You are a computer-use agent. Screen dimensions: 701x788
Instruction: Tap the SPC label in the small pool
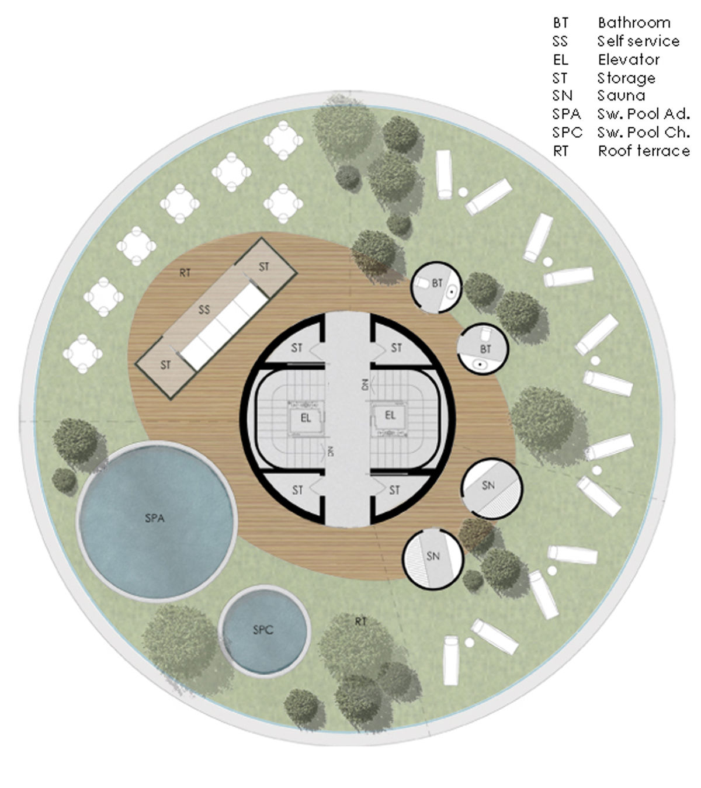tap(263, 630)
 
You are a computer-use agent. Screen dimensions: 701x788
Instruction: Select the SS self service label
tap(204, 310)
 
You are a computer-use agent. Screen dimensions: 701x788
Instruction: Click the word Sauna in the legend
tap(621, 96)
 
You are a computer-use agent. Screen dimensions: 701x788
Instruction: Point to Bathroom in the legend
tap(634, 23)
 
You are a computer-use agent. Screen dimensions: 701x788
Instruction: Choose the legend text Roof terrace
tap(644, 151)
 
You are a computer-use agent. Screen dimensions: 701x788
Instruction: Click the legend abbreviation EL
tap(561, 60)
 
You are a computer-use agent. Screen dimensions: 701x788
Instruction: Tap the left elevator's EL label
tap(306, 418)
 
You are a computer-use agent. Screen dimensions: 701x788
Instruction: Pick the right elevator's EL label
tap(390, 415)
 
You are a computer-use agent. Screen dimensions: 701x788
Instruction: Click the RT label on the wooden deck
tap(185, 273)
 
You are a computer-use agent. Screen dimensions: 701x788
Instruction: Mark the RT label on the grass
tap(360, 622)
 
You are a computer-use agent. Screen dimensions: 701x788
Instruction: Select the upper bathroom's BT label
tap(438, 283)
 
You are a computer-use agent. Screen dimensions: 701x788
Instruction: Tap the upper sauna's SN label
tap(488, 485)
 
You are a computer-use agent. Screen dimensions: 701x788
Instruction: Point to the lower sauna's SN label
tap(433, 556)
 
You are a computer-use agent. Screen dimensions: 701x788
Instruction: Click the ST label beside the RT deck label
tap(263, 266)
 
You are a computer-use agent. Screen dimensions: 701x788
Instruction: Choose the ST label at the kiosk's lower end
tap(166, 365)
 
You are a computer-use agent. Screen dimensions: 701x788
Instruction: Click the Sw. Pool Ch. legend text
tap(644, 133)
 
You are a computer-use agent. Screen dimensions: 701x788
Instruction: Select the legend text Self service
tap(638, 41)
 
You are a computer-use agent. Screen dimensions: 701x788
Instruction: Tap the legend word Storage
tap(626, 78)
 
